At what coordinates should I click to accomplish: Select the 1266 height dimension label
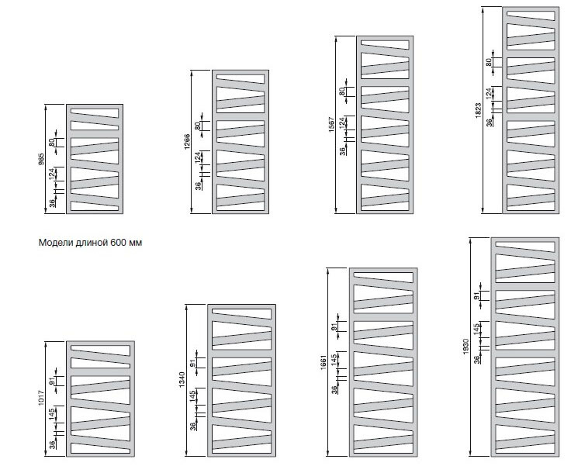click(x=187, y=143)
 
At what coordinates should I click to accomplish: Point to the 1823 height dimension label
click(x=478, y=110)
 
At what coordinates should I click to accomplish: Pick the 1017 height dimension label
click(x=41, y=399)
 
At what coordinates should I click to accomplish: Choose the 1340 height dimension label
click(x=180, y=382)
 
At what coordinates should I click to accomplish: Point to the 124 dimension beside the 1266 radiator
click(x=199, y=157)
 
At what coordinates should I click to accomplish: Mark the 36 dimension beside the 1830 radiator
click(x=478, y=358)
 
